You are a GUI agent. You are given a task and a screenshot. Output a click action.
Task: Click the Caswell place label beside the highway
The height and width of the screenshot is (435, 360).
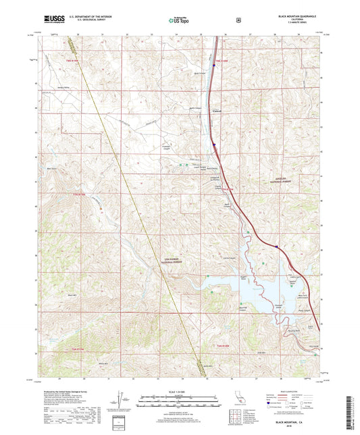[x=217, y=111]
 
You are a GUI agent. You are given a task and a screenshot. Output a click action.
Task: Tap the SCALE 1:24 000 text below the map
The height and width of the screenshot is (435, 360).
[x=179, y=392]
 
